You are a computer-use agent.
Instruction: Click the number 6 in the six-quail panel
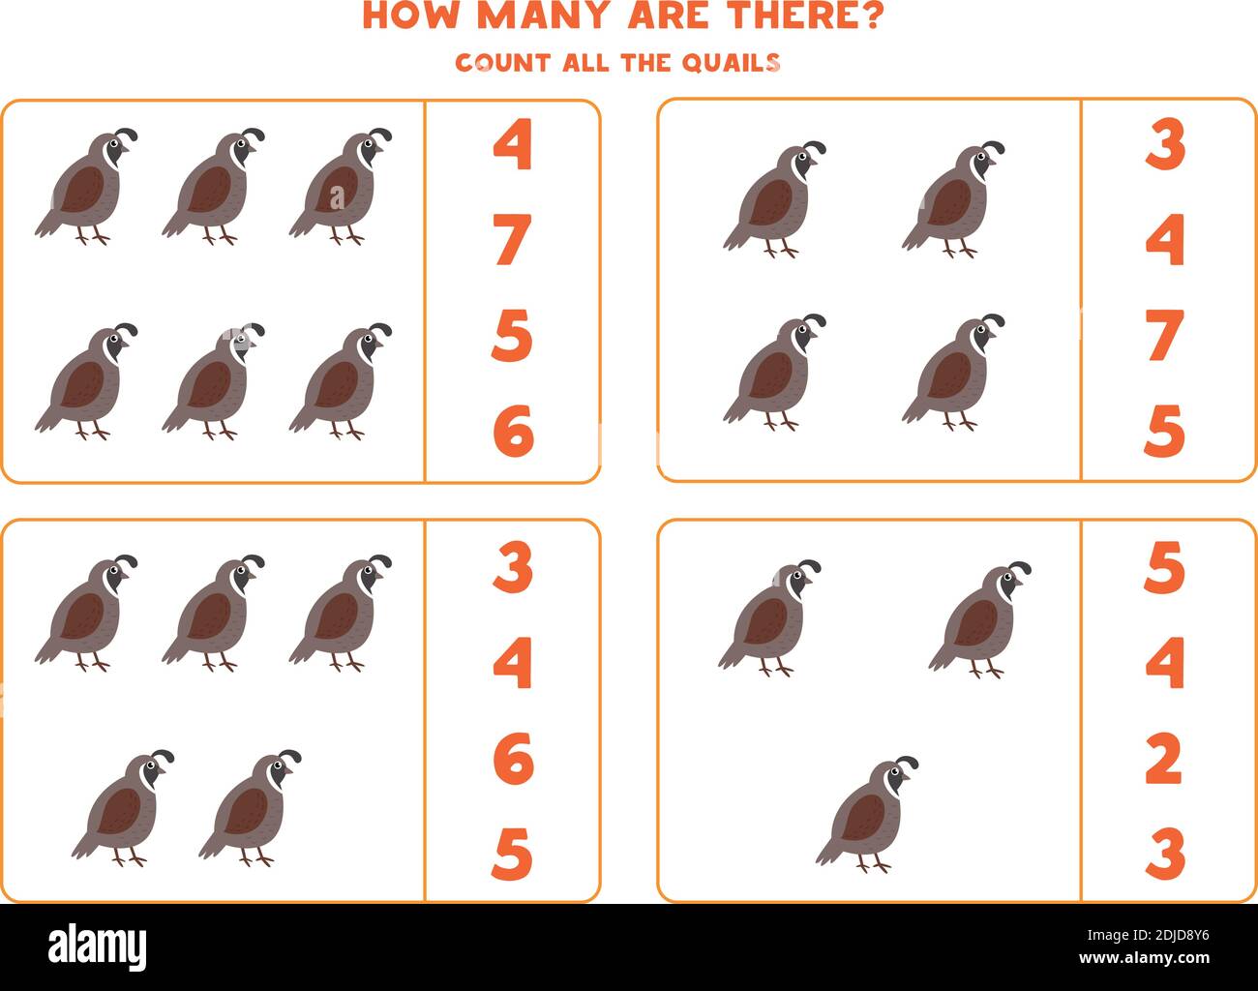pos(513,431)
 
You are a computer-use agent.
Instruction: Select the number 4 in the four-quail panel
pos(1164,240)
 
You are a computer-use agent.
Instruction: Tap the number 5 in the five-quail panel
pos(512,854)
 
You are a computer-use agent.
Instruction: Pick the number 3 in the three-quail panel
pos(1164,853)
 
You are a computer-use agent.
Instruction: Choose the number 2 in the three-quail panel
pos(1164,759)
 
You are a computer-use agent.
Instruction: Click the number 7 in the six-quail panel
pos(513,240)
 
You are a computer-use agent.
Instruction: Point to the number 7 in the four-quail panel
pos(1164,335)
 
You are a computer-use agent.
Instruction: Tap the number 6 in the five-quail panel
pos(513,759)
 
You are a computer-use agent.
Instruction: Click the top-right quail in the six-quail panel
pos(341,186)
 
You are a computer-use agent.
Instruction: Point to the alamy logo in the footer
pos(98,946)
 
